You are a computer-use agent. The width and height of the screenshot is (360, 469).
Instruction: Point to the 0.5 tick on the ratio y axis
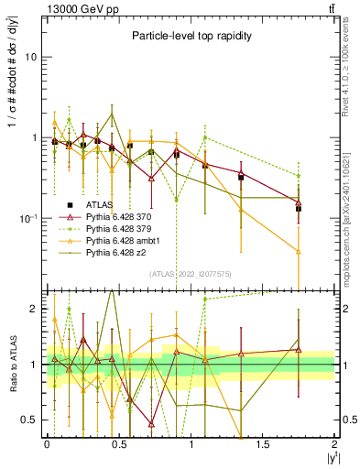click(32, 420)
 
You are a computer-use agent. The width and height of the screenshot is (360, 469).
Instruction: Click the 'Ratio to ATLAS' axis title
click(11, 365)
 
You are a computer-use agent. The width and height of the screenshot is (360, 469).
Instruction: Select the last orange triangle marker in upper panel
click(299, 250)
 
